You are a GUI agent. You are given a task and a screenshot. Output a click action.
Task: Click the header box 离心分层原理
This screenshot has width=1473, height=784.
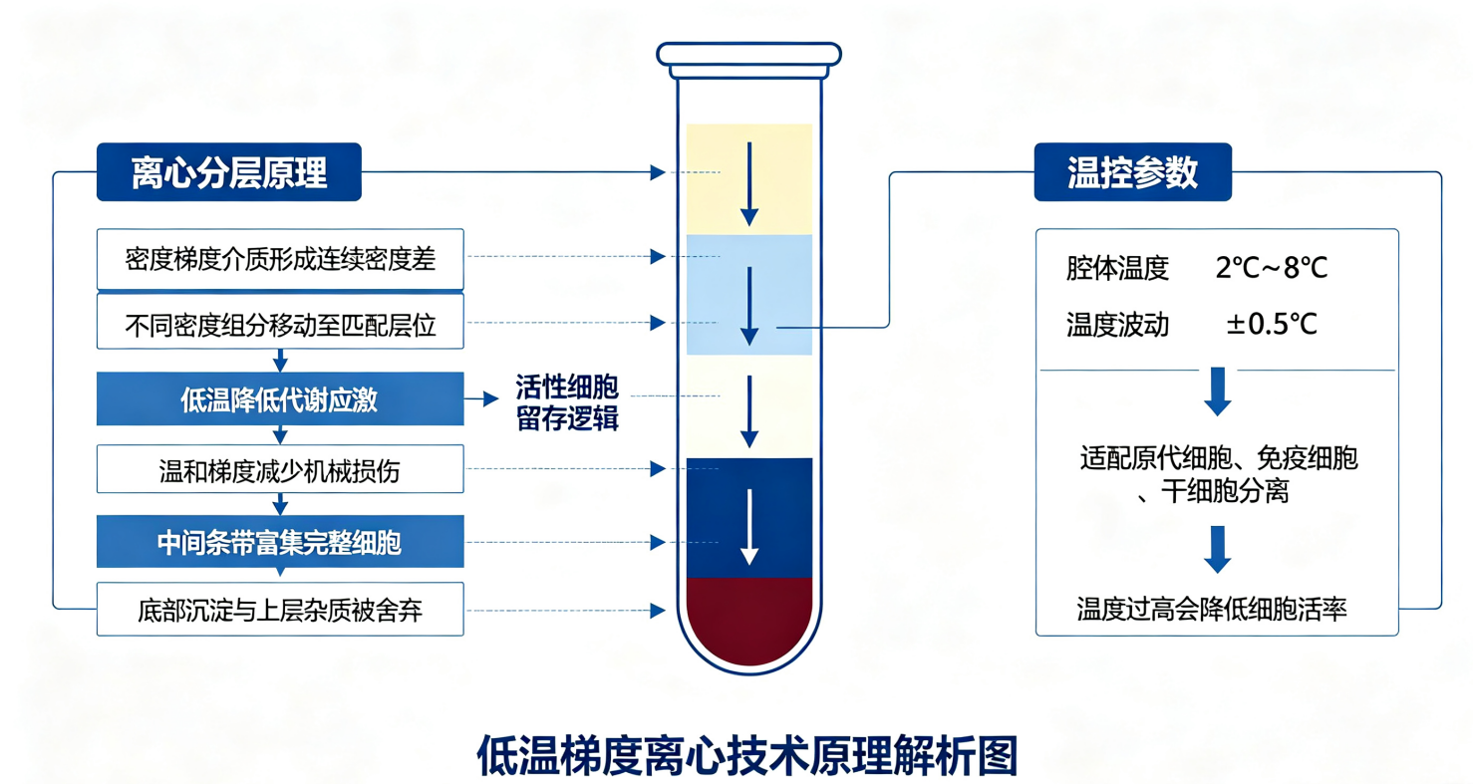tap(229, 172)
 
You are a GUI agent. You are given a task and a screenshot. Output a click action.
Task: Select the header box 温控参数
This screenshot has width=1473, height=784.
tap(1132, 172)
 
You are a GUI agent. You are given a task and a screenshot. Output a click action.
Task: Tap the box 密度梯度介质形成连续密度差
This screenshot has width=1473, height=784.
tap(280, 259)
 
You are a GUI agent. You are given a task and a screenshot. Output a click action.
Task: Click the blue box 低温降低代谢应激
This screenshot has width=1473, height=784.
tap(280, 398)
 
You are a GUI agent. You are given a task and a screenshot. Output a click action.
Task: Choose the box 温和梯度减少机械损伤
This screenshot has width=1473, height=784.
tap(280, 469)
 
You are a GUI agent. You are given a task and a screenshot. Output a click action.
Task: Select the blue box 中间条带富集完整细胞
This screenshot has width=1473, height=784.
tap(280, 542)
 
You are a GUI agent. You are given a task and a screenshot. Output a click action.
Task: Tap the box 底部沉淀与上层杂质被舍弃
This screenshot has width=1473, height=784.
tap(280, 610)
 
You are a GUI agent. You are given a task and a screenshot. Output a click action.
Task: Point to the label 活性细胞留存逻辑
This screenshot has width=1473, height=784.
tap(567, 402)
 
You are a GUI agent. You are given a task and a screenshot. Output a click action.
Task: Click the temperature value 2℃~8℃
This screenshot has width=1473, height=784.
tap(1271, 267)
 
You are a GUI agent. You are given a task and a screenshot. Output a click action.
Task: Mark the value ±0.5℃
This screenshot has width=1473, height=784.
tap(1271, 324)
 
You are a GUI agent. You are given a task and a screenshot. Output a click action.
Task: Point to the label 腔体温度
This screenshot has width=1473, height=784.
tap(1117, 268)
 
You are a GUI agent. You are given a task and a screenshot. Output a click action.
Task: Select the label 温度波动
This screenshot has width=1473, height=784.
tap(1117, 325)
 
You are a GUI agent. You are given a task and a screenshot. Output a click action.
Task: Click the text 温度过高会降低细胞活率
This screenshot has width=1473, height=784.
tap(1211, 610)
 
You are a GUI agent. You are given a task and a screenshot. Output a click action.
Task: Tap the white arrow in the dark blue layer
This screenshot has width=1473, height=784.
tap(749, 526)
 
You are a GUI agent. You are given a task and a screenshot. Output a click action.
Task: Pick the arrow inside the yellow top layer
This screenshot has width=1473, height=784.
tap(749, 184)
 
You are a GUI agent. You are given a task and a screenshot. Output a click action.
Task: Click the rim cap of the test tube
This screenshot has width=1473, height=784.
tap(749, 55)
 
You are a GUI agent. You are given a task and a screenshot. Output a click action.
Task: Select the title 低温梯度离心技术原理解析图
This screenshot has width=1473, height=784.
tap(747, 756)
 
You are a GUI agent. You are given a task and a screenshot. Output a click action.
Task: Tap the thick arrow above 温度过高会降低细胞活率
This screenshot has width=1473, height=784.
tap(1217, 549)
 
